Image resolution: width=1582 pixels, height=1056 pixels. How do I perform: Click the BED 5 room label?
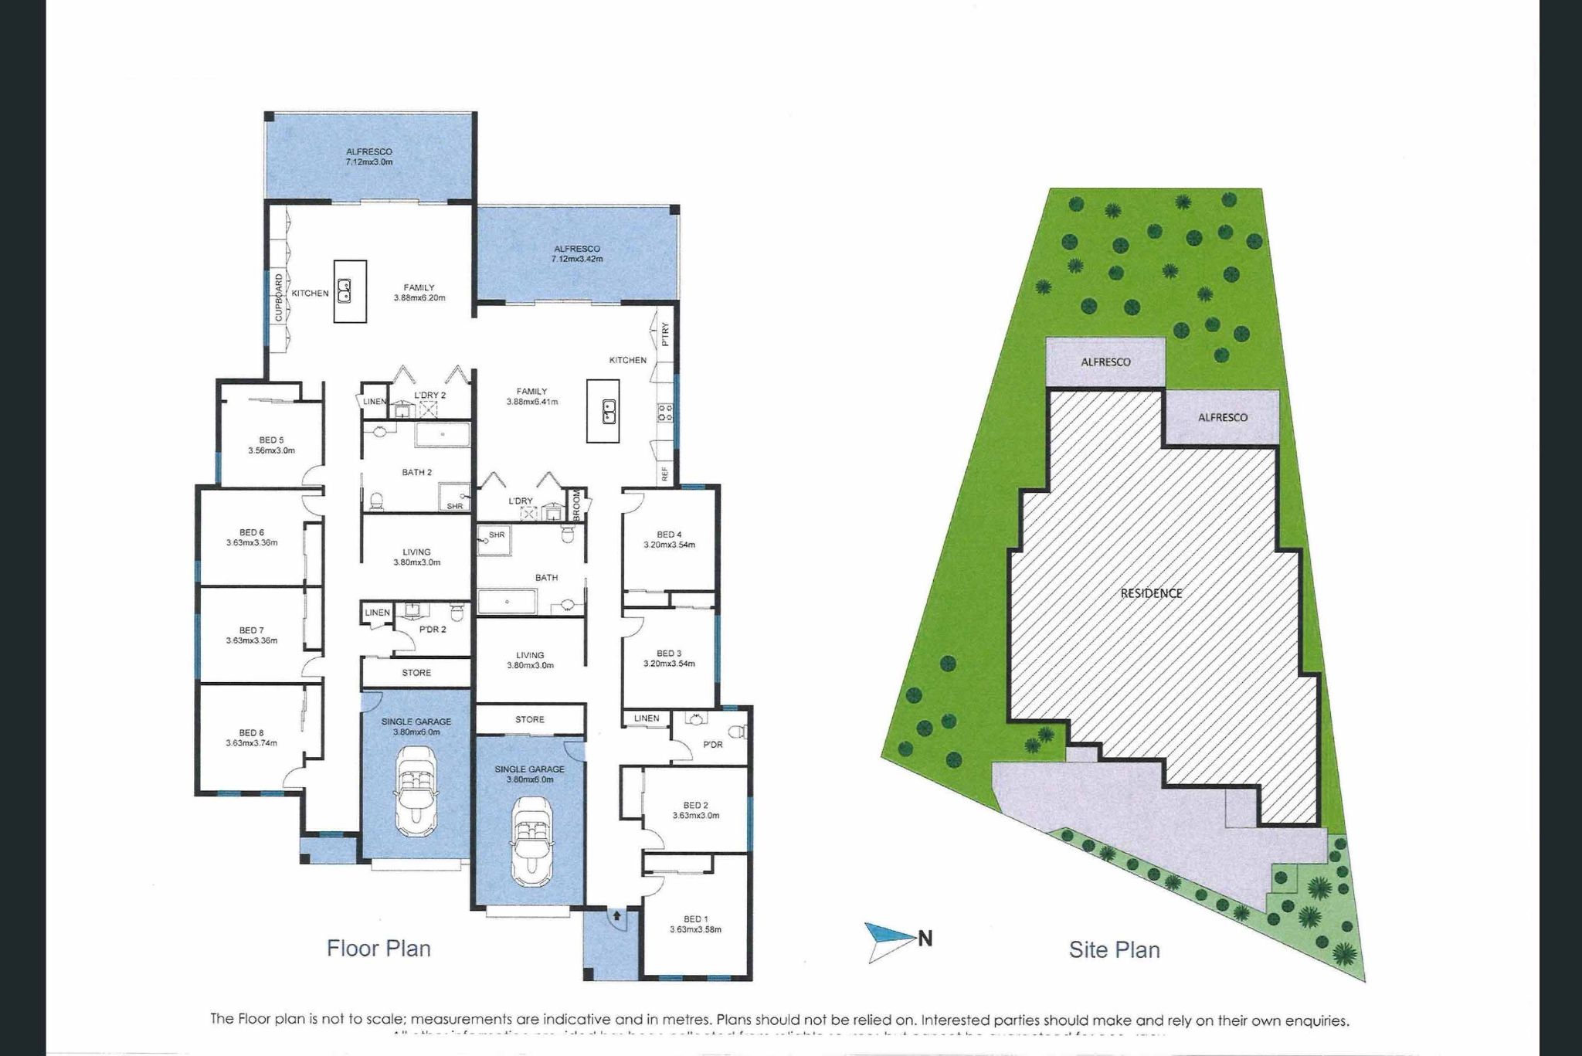271,440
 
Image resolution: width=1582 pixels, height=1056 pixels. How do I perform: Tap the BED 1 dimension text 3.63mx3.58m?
695,929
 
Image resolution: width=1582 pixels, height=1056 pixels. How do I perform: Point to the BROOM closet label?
576,503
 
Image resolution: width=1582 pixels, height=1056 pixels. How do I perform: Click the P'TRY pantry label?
665,335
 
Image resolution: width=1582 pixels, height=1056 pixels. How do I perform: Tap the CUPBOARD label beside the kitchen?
279,297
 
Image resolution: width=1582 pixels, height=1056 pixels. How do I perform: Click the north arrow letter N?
925,939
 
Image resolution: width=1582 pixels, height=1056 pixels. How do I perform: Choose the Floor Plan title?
379,948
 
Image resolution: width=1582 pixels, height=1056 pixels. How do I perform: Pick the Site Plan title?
1114,949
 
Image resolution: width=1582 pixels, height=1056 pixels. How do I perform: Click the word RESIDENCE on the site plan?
1151,593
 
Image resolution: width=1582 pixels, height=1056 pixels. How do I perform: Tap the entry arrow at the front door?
616,916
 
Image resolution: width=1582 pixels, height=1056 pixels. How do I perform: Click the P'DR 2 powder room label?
433,629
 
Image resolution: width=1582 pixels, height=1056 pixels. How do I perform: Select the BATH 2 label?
416,472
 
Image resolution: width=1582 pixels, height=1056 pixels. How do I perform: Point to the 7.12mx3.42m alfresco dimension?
576,259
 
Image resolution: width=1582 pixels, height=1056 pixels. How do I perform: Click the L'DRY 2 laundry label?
430,395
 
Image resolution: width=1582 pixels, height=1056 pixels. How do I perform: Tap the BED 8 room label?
251,732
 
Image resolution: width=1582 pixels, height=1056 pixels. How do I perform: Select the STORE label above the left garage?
416,672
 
